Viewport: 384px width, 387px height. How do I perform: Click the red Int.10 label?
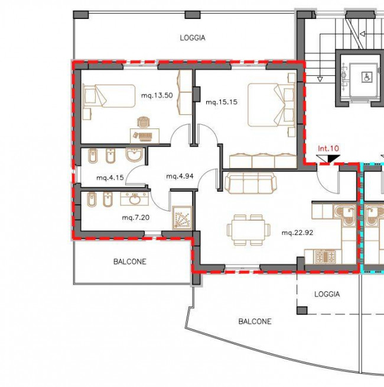(328, 149)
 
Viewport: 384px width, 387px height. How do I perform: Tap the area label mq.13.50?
(157, 95)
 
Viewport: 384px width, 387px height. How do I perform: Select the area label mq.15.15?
(222, 102)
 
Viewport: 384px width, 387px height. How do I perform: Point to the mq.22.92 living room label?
(297, 233)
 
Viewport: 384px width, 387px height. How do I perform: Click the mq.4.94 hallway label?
(180, 176)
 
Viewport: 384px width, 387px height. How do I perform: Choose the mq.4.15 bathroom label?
(110, 178)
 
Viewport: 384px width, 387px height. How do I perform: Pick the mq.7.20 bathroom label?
(135, 218)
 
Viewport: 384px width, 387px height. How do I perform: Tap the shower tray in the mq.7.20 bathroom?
(183, 218)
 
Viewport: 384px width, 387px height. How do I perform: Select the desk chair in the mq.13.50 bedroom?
(144, 122)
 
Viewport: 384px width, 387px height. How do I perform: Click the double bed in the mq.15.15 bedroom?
(271, 105)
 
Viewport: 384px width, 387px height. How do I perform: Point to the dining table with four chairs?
(248, 230)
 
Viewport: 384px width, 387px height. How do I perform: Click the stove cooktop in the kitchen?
(326, 256)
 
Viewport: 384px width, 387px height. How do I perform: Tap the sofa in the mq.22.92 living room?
(250, 183)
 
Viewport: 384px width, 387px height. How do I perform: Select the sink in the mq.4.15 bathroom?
(135, 155)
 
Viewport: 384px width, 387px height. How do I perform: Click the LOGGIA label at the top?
(193, 38)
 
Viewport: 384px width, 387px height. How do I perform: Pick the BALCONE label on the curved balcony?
(255, 321)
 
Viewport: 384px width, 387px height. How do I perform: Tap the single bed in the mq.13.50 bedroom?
(109, 96)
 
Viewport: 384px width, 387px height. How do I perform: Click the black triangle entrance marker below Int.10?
(334, 158)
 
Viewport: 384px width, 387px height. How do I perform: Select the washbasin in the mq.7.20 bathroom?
(135, 199)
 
